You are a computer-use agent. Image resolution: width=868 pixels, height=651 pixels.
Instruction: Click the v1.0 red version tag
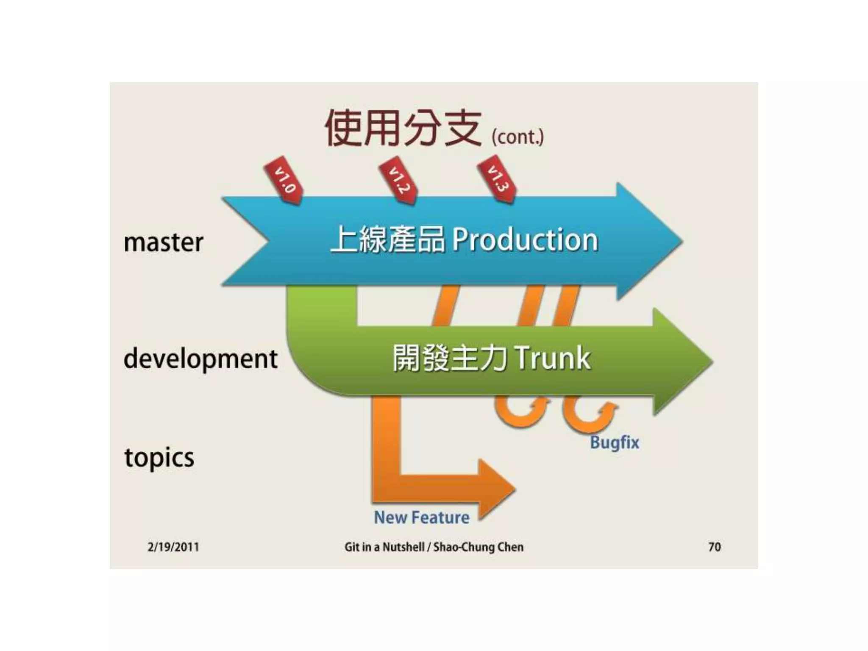pyautogui.click(x=283, y=181)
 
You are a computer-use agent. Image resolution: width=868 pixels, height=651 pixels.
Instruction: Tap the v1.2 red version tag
pyautogui.click(x=398, y=181)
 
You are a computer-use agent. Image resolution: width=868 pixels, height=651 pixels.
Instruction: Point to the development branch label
pyautogui.click(x=200, y=359)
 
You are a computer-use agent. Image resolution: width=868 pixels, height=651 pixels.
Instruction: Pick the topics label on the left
pyautogui.click(x=159, y=458)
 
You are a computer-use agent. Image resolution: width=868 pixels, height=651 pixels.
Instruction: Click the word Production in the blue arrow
pyautogui.click(x=525, y=240)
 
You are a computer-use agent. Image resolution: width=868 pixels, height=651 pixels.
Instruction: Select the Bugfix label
pyautogui.click(x=614, y=442)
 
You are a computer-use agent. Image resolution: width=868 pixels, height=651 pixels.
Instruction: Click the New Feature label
pyautogui.click(x=422, y=517)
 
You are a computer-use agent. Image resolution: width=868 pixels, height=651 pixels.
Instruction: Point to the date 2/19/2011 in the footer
pyautogui.click(x=173, y=547)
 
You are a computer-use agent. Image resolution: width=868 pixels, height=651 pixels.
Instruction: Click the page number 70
pyautogui.click(x=714, y=547)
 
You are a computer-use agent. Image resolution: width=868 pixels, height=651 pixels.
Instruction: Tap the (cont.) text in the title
pyautogui.click(x=517, y=137)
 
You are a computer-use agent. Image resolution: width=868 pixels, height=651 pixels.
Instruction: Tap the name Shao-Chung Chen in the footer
pyautogui.click(x=478, y=547)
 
